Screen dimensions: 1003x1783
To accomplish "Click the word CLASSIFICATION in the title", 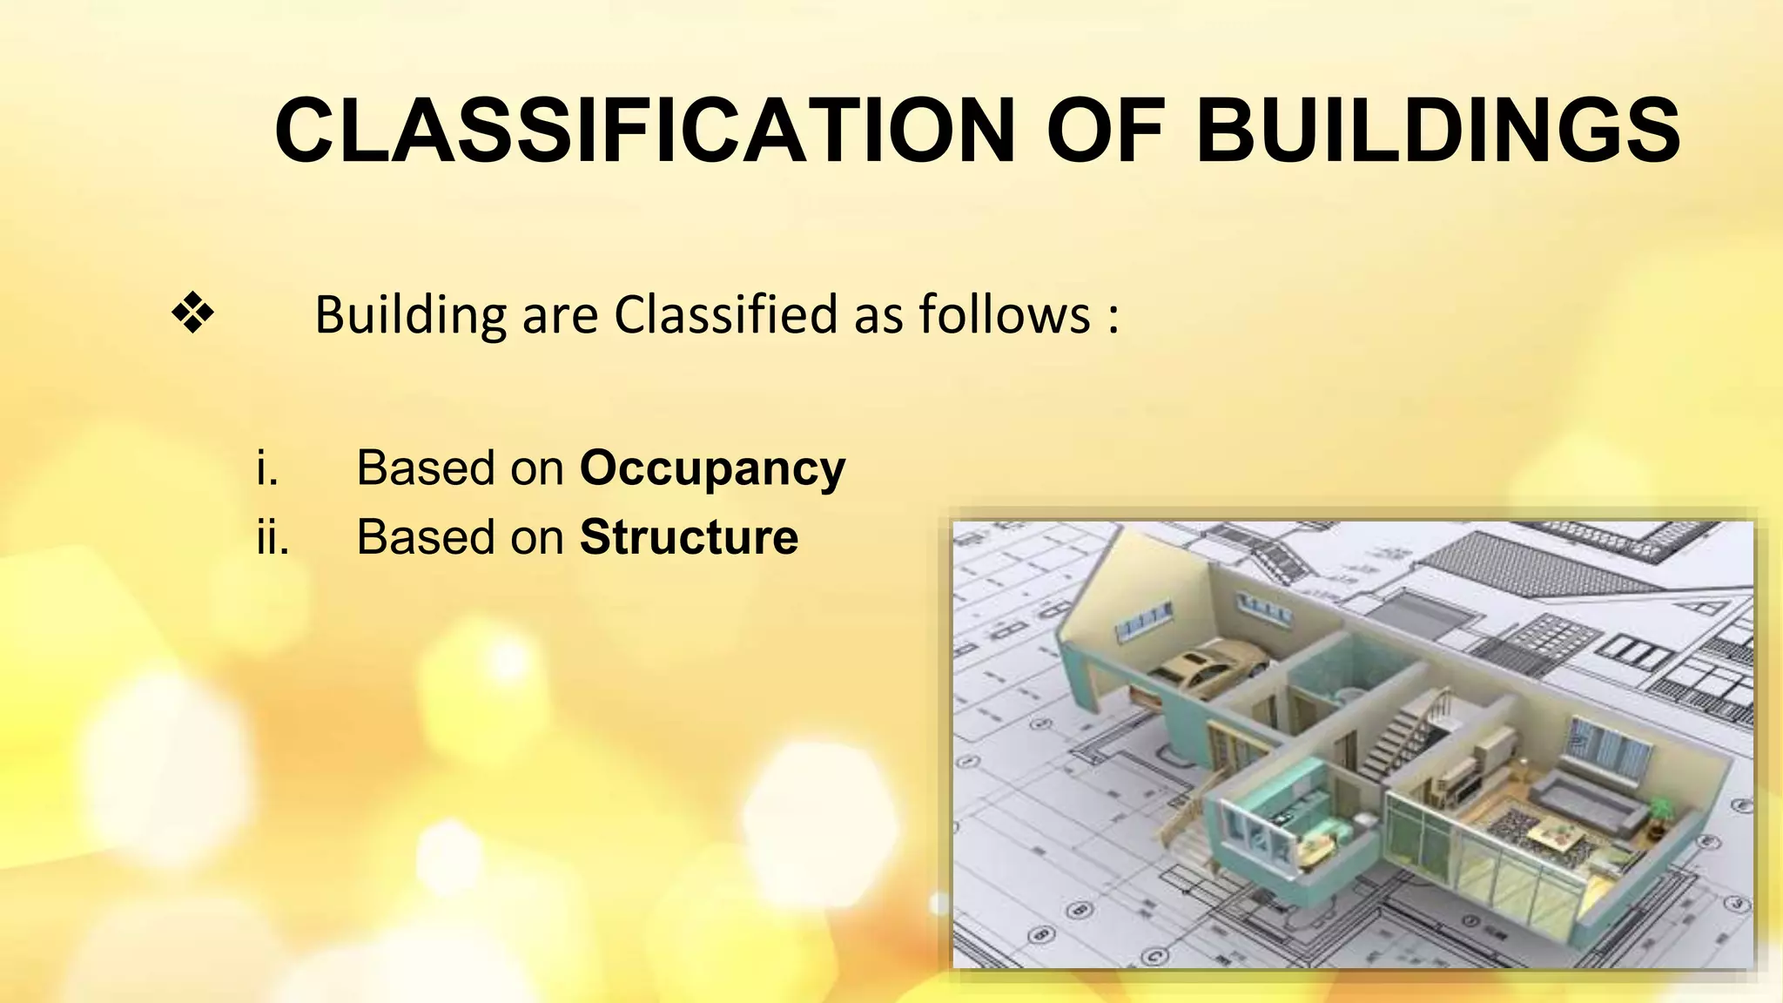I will coord(644,131).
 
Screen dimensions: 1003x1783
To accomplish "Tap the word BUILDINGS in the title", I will coord(1438,131).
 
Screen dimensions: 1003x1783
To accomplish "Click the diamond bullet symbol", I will coord(192,314).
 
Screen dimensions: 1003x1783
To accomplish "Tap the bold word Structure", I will coord(689,537).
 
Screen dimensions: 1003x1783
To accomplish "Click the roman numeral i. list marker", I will coord(267,468).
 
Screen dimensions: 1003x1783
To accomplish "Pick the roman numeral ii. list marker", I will coord(272,537).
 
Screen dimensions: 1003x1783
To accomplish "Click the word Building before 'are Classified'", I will coord(410,316).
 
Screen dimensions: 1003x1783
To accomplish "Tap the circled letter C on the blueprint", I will coord(1154,956).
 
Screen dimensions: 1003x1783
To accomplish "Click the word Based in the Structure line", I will coord(426,537).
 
